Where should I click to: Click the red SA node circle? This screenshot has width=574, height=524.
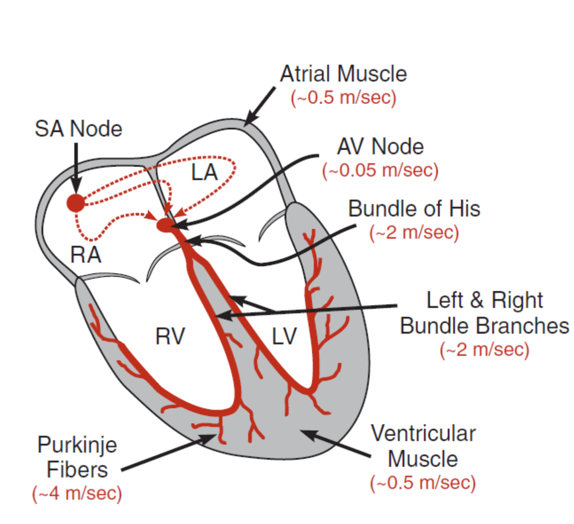[76, 203]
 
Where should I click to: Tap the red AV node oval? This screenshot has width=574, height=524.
[166, 225]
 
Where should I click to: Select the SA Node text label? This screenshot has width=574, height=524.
[79, 129]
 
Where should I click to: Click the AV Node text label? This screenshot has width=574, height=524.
[380, 146]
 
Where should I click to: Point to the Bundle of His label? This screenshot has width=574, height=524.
[414, 208]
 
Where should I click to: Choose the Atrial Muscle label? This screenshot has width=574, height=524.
[343, 74]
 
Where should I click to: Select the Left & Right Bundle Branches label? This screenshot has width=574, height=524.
[484, 313]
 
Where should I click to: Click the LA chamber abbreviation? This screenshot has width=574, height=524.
[205, 173]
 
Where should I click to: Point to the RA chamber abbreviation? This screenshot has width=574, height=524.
[85, 255]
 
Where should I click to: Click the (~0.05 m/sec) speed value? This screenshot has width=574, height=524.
[380, 171]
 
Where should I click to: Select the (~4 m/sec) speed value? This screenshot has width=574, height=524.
[77, 493]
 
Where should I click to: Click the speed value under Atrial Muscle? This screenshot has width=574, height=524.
[343, 98]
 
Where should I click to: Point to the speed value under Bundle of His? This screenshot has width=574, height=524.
[414, 232]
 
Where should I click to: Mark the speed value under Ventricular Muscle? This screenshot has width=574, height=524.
[423, 483]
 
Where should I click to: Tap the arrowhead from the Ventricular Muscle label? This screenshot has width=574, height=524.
[309, 434]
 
